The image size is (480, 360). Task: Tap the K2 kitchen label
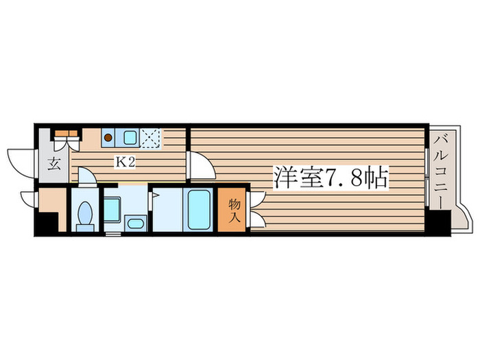(123, 163)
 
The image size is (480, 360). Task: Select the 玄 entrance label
(53, 164)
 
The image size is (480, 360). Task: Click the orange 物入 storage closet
(234, 210)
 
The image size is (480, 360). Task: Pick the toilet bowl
(86, 213)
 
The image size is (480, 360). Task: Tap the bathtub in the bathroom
(200, 210)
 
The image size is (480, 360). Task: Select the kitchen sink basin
(129, 137)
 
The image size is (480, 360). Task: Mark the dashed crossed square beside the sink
(152, 137)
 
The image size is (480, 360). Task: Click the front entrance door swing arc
(19, 161)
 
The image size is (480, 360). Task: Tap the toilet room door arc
(87, 176)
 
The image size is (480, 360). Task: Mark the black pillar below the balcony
(440, 223)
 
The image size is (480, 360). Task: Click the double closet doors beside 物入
(256, 209)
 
